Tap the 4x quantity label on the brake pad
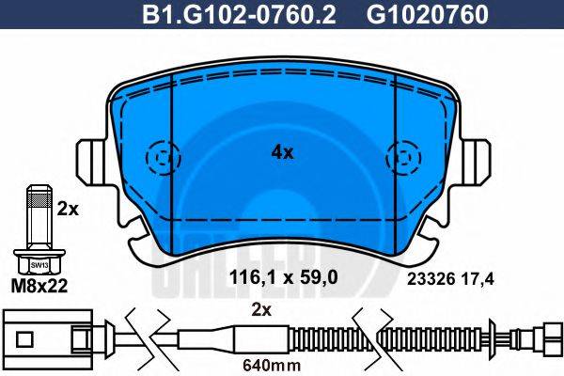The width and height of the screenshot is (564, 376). (x=282, y=151)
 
